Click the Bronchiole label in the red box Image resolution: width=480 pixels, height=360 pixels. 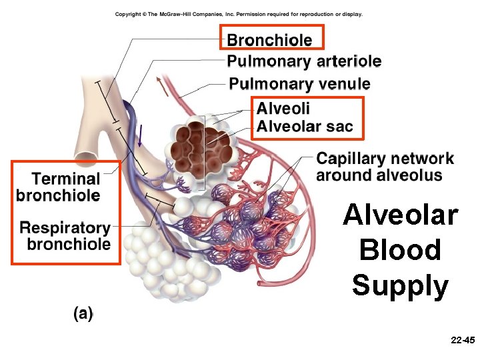click(269, 40)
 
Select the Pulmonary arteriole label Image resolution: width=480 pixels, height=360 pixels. click(304, 62)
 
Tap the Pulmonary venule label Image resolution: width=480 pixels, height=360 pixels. click(299, 84)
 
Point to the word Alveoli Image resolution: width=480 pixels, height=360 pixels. click(283, 108)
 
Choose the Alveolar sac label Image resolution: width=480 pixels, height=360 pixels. click(305, 127)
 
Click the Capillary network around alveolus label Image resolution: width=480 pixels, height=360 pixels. click(385, 167)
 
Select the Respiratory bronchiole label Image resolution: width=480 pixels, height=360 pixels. click(65, 236)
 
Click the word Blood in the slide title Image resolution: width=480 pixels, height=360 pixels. click(400, 251)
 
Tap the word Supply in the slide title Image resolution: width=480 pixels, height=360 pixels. click(400, 286)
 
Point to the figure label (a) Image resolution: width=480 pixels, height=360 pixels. click(83, 313)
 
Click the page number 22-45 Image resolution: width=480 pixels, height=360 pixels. click(462, 340)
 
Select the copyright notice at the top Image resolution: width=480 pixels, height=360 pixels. click(239, 15)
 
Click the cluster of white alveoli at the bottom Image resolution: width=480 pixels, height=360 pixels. click(167, 261)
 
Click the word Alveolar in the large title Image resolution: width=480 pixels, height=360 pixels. click(400, 216)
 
